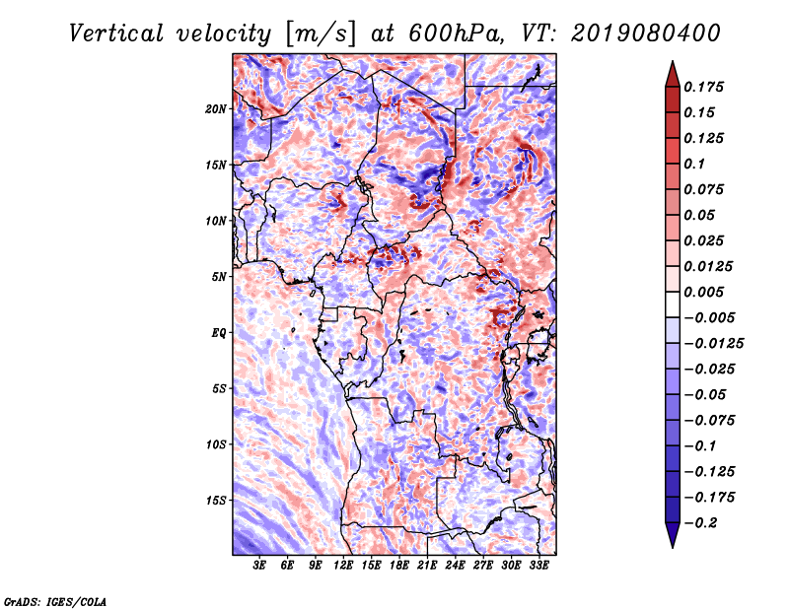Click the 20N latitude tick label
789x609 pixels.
[x=216, y=108]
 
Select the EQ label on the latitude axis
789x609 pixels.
[x=219, y=332]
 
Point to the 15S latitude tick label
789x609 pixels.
[x=216, y=500]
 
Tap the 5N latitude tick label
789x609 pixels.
[x=219, y=276]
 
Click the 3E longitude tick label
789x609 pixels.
[x=260, y=566]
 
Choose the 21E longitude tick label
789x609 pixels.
[x=427, y=566]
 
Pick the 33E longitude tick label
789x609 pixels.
[x=538, y=566]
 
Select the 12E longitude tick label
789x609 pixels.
[x=344, y=566]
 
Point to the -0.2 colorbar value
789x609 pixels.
[x=703, y=522]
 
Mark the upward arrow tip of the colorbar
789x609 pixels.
[x=672, y=63]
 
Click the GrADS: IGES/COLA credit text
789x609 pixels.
[x=54, y=599]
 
